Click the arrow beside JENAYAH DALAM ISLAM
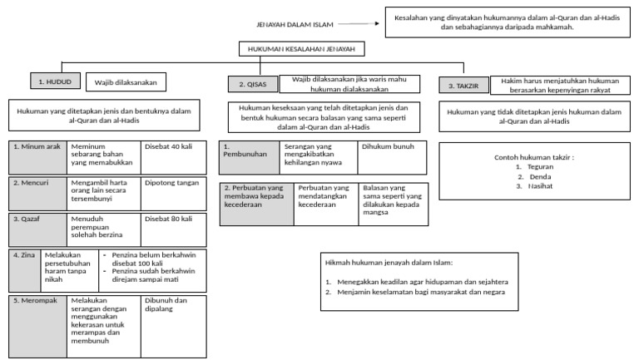(x=359, y=23)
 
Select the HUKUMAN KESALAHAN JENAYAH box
(x=301, y=49)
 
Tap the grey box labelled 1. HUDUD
(x=56, y=81)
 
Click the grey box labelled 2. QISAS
(x=253, y=84)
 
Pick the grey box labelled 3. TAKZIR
(x=463, y=86)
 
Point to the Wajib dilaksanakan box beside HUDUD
(x=126, y=81)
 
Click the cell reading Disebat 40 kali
(x=174, y=158)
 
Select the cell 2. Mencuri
(x=38, y=194)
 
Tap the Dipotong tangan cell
(x=174, y=194)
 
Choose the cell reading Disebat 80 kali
(x=174, y=229)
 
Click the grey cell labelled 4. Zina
(x=25, y=271)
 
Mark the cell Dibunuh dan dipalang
(x=174, y=327)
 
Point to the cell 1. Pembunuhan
(x=250, y=158)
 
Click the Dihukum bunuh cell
(x=392, y=158)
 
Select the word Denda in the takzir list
(x=540, y=176)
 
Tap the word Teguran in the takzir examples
(x=540, y=166)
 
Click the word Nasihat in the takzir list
(x=540, y=186)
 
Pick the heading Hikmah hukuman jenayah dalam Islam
(x=389, y=262)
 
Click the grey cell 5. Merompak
(x=38, y=327)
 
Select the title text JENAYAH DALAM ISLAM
(x=295, y=24)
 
